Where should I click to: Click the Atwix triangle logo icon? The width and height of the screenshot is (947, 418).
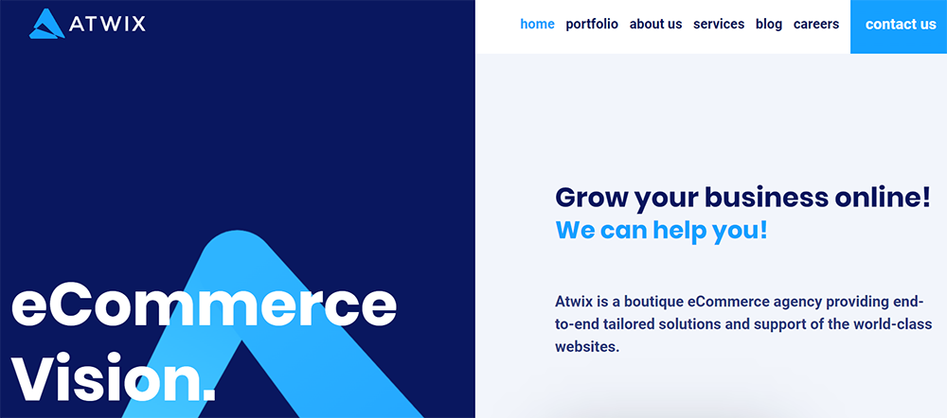(46, 24)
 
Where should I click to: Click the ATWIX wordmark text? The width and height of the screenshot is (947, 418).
(108, 23)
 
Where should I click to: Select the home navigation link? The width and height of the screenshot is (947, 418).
(537, 25)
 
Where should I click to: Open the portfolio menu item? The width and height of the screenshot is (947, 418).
(592, 25)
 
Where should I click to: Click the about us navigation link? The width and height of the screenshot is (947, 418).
(655, 25)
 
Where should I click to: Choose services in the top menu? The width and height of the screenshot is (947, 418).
(719, 25)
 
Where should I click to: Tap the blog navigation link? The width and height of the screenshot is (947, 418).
(769, 25)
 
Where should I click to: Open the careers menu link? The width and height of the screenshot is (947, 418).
(816, 25)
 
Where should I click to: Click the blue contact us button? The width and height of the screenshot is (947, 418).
(900, 26)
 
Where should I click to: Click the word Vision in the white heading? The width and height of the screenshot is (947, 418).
(106, 379)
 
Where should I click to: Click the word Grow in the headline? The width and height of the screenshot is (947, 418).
(591, 198)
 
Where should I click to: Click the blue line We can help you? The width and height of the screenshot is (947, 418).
(661, 230)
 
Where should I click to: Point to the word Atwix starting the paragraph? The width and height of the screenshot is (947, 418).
(575, 303)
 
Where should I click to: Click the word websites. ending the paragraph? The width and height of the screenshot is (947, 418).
(586, 347)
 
